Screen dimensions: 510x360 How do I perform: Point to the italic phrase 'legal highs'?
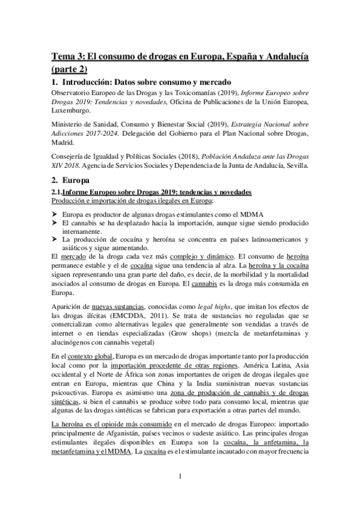point(216,306)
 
